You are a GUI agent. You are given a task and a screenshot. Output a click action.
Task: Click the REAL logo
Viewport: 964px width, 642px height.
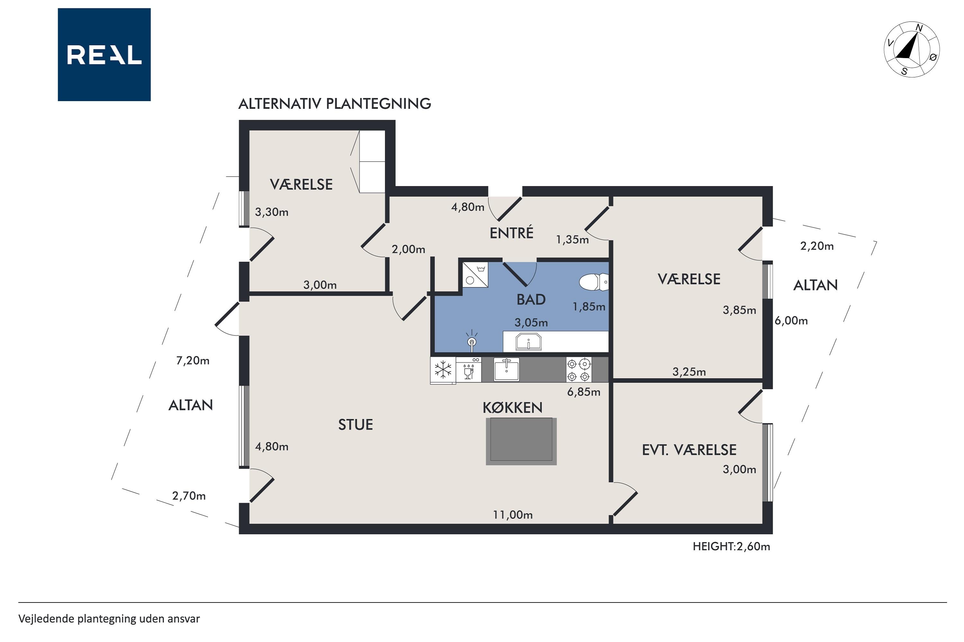pyautogui.click(x=104, y=55)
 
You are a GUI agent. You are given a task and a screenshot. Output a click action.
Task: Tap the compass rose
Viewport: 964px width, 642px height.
pyautogui.click(x=912, y=49)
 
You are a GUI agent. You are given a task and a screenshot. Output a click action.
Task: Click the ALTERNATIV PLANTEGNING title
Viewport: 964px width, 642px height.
pyautogui.click(x=335, y=104)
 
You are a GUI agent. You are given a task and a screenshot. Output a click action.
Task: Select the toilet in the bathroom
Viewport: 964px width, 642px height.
pyautogui.click(x=594, y=282)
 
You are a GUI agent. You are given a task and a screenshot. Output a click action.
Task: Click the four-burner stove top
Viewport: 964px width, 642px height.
pyautogui.click(x=578, y=370)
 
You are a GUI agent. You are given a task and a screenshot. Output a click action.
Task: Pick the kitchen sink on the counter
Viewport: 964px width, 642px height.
pyautogui.click(x=507, y=369)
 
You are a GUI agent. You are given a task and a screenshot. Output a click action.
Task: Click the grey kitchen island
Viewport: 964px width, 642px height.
pyautogui.click(x=521, y=441)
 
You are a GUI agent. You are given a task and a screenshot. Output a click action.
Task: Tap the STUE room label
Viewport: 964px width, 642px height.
pyautogui.click(x=355, y=425)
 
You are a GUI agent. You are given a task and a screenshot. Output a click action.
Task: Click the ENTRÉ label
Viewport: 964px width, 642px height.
pyautogui.click(x=512, y=233)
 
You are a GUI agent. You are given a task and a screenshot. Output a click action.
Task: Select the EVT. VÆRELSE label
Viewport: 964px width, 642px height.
pyautogui.click(x=689, y=450)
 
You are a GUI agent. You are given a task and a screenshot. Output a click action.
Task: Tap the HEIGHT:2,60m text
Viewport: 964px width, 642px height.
pyautogui.click(x=731, y=546)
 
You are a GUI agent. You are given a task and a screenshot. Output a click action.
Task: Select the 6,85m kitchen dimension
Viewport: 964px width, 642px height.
pyautogui.click(x=584, y=392)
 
